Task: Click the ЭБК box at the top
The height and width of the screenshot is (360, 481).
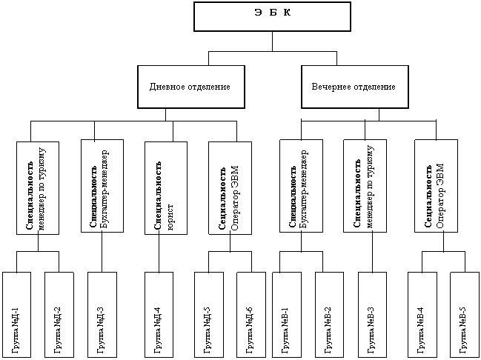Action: click(271, 16)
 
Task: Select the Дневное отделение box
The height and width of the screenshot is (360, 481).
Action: click(190, 87)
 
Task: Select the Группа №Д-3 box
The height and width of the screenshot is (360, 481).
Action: click(102, 315)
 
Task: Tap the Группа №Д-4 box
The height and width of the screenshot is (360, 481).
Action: click(159, 315)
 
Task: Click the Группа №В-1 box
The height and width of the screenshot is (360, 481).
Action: click(286, 315)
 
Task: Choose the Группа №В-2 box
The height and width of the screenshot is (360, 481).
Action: click(329, 315)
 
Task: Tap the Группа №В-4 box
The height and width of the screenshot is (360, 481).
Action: click(422, 315)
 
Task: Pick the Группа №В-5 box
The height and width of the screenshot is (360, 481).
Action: click(464, 315)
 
